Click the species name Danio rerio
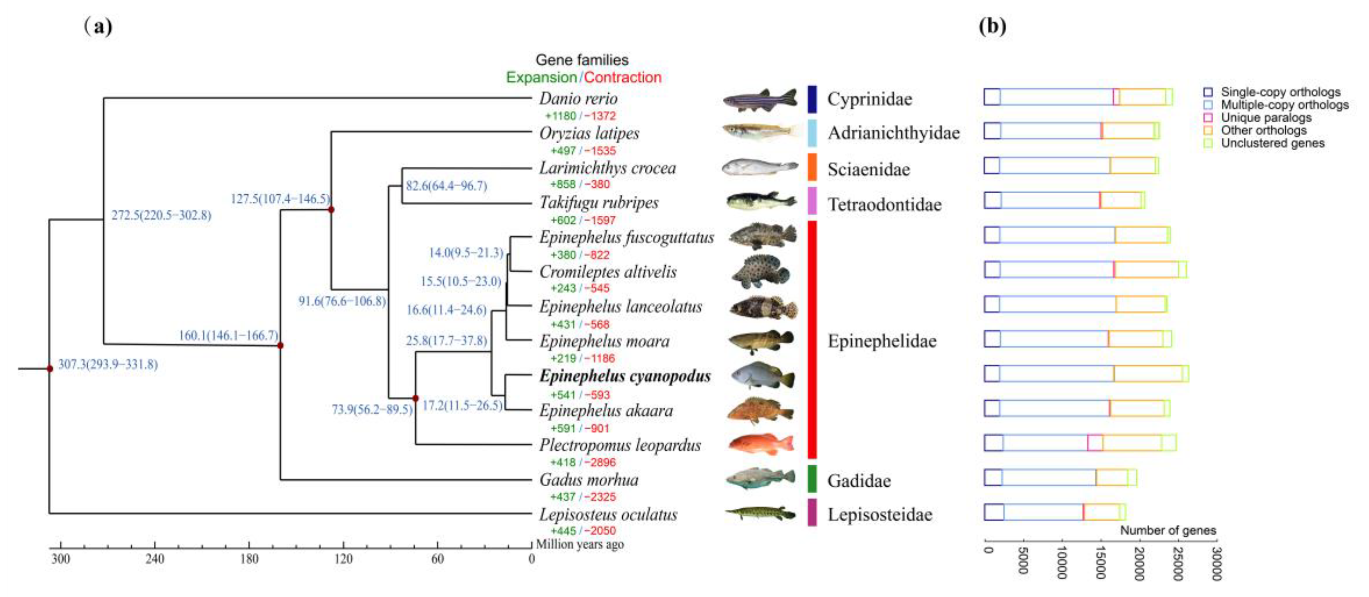578,99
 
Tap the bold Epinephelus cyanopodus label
625,376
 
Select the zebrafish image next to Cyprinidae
760,99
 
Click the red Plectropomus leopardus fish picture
761,444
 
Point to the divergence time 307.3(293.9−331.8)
108,364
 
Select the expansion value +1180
560,116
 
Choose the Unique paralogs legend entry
1266,117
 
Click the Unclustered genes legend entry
1272,143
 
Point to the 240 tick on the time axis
155,558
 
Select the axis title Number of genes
1168,530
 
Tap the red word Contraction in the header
622,77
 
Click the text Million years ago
580,544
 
